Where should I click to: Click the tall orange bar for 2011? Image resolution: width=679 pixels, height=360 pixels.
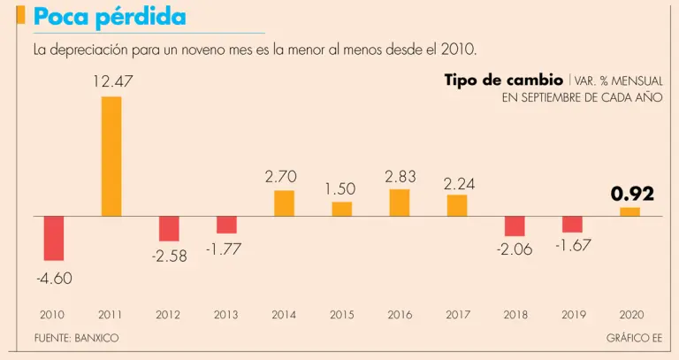pos(111,156)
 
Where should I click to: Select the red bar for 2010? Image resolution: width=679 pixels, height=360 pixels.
pos(54,238)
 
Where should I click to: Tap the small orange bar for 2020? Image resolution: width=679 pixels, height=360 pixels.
pos(629,211)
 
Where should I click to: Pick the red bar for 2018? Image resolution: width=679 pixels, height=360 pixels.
pos(515,226)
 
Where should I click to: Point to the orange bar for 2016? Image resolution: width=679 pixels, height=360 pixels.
pos(400,203)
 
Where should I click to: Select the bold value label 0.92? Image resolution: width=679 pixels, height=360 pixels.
pos(632,194)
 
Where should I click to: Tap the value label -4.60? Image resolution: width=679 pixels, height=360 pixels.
pos(54,278)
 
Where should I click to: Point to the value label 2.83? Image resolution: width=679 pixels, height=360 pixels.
pos(400,177)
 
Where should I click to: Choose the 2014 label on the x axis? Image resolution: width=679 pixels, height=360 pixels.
pos(284,314)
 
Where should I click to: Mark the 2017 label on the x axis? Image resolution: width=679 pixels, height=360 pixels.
pos(457,314)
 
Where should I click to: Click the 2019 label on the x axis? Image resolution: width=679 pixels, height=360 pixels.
pos(573,314)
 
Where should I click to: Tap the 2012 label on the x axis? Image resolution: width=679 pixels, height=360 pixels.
pos(168,314)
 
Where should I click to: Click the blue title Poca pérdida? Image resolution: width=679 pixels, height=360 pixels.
pos(109,17)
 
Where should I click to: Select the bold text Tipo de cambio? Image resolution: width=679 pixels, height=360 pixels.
pos(503,80)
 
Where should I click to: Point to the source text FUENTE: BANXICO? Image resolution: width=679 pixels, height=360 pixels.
pos(76,338)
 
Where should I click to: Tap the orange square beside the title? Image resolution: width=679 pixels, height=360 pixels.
pos(20,15)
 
